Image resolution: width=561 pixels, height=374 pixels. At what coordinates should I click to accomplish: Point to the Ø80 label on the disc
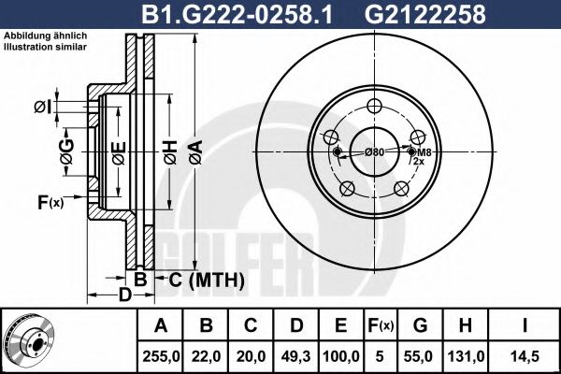coord(374,152)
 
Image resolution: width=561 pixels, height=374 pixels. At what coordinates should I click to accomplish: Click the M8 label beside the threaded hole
coord(424,152)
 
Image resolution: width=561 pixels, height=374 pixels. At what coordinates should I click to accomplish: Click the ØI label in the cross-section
coord(42,106)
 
